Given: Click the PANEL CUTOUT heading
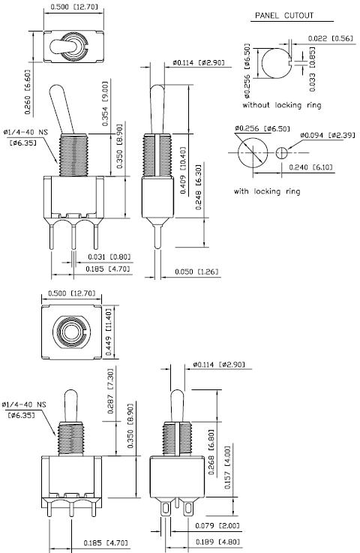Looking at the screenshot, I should point(283,15).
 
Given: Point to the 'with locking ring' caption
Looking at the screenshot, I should point(267,191).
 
